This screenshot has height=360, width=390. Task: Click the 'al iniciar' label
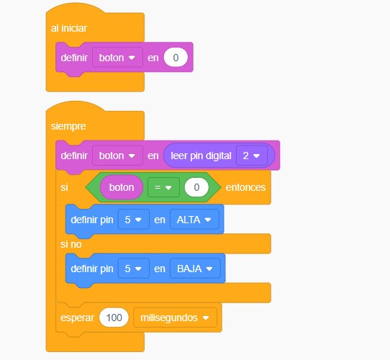(69, 28)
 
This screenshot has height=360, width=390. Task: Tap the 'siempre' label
(68, 126)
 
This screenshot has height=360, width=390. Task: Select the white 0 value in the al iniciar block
(176, 58)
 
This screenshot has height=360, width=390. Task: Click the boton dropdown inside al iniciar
(117, 58)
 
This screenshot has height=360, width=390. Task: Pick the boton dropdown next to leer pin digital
(117, 156)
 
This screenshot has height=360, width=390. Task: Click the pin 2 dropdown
(252, 156)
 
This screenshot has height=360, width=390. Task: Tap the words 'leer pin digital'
(201, 156)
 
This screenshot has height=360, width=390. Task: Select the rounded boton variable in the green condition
(122, 187)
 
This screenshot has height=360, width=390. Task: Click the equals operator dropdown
(163, 187)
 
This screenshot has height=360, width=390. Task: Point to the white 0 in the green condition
(196, 187)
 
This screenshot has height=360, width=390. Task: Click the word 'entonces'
(245, 187)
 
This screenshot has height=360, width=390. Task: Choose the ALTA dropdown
(194, 220)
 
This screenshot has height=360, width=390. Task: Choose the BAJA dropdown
(195, 269)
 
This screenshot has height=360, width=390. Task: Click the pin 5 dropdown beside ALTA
(134, 220)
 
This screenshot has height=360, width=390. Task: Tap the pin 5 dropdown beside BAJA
(134, 269)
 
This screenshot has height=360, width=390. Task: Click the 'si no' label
(71, 244)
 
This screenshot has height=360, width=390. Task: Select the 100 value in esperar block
(114, 318)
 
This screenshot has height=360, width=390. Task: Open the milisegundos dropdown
(175, 318)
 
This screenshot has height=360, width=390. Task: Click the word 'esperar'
(78, 318)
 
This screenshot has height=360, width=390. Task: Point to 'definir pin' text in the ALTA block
(92, 220)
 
